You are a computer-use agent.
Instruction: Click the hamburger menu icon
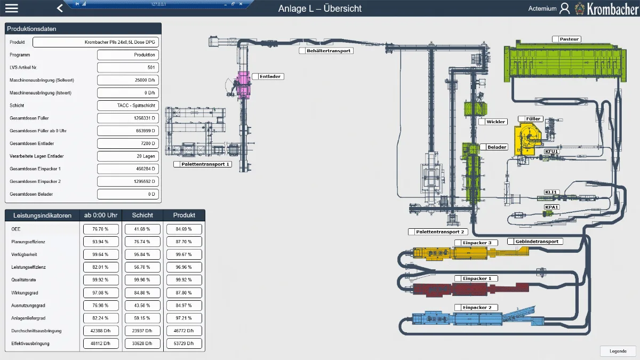click(12, 8)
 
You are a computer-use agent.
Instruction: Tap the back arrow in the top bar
click(60, 8)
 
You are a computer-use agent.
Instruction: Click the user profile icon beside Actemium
click(565, 9)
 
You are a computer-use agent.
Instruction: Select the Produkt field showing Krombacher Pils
click(95, 42)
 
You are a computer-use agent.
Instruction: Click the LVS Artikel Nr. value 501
click(128, 67)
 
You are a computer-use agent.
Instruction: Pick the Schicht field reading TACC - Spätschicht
click(128, 106)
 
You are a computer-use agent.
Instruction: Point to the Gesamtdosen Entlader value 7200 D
click(128, 143)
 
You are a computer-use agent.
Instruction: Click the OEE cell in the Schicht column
click(142, 229)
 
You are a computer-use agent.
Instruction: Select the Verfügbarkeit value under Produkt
click(185, 254)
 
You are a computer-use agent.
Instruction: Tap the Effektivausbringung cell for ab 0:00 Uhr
click(101, 343)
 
